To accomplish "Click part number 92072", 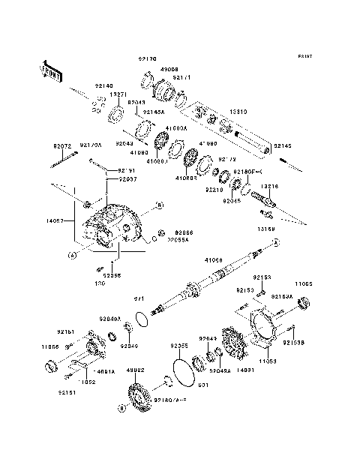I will pyautogui.click(x=61, y=145).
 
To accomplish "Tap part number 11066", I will pyautogui.click(x=50, y=348).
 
